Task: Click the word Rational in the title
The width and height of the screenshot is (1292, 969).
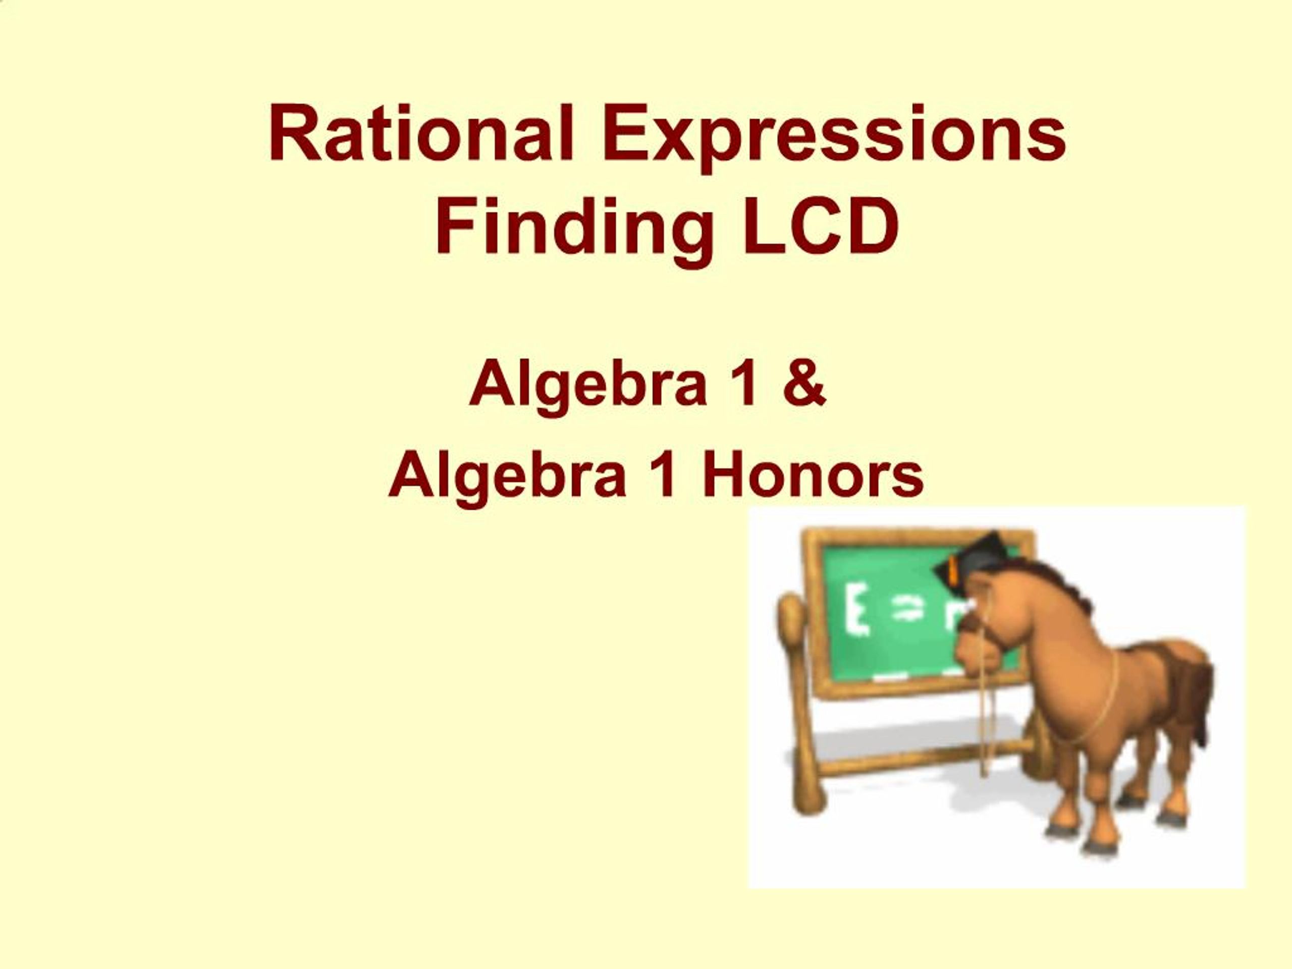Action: click(x=420, y=133)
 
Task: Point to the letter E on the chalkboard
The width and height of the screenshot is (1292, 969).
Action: click(x=856, y=612)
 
